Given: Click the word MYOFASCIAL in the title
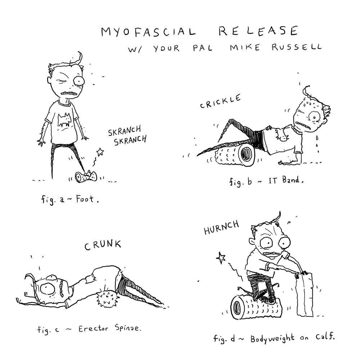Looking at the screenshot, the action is pos(148,32).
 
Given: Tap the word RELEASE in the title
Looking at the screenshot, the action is pos(258,31).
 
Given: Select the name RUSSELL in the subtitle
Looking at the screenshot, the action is pos(296,47).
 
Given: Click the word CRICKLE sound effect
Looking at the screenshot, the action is pos(220,101).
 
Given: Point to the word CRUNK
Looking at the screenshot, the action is pos(103,245).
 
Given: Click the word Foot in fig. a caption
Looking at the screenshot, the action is pos(85,199).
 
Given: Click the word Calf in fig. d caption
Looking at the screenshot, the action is pos(325,337).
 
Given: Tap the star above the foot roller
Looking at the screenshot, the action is pos(100,151).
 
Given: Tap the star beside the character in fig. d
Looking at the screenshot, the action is pos(221,257).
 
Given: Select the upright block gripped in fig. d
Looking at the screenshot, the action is pos(305,294).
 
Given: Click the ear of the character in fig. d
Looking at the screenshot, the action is pos(252,242).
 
